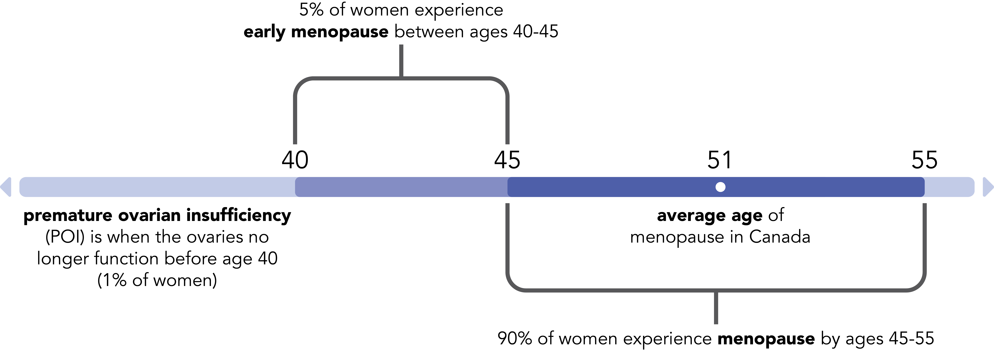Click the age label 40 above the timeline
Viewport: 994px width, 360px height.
point(295,160)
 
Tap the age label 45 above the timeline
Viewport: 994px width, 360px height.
point(507,160)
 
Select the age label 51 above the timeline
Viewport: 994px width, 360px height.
point(719,160)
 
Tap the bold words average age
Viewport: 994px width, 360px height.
point(709,215)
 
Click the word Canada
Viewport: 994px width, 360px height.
point(780,237)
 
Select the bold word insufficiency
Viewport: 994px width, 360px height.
point(239,215)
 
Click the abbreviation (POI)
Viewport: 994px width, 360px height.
point(65,237)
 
